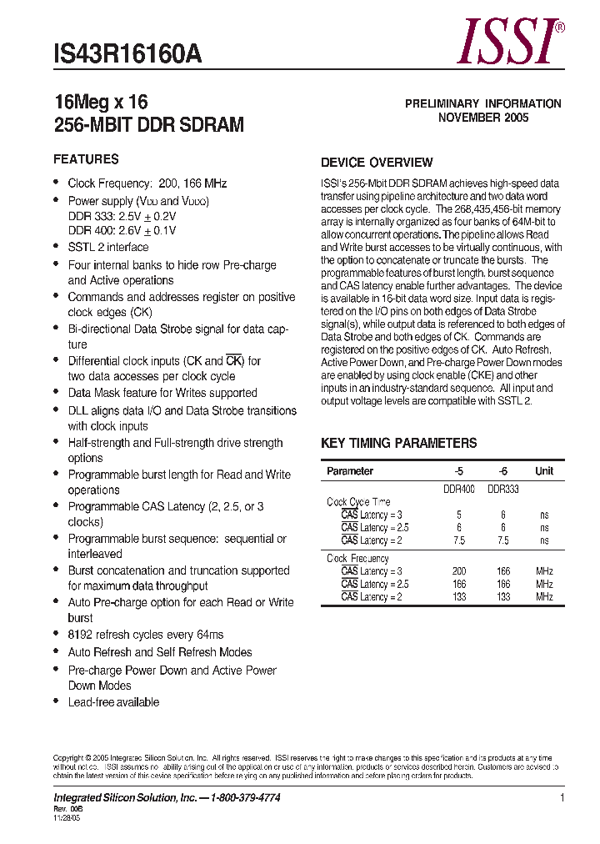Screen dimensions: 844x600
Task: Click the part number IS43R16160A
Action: click(127, 54)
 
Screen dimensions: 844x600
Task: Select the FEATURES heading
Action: click(86, 159)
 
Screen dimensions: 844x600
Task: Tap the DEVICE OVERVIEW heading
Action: click(377, 163)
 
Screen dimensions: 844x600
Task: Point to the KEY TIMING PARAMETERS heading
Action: click(399, 444)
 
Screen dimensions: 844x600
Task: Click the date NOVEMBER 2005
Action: click(483, 118)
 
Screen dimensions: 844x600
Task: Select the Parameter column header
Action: click(350, 471)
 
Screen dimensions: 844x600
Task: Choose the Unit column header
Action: click(544, 471)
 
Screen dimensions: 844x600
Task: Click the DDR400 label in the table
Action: click(458, 490)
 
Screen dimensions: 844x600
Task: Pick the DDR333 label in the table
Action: click(503, 490)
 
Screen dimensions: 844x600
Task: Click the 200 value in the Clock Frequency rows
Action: click(458, 571)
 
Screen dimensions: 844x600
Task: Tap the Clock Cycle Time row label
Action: click(358, 502)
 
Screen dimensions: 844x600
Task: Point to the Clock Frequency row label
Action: click(357, 559)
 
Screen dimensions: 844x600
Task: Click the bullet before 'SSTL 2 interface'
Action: click(56, 247)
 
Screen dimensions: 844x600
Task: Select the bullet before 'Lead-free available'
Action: click(56, 702)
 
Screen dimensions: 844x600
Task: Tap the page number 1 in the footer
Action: click(562, 798)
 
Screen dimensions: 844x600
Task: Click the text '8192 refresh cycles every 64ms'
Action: click(146, 635)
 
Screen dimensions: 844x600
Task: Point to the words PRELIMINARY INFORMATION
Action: click(483, 103)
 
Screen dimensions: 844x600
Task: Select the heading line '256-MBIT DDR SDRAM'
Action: click(149, 125)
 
